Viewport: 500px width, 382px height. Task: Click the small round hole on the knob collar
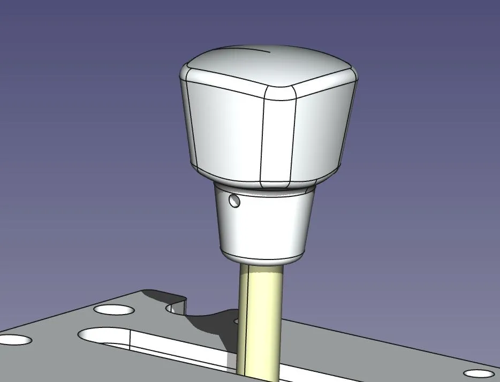(x=233, y=201)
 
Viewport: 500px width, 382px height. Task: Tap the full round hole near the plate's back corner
(x=114, y=309)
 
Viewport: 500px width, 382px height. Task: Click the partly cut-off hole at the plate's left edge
(x=14, y=339)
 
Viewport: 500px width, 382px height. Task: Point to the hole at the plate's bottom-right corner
(x=479, y=373)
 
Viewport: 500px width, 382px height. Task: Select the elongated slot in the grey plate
(x=177, y=348)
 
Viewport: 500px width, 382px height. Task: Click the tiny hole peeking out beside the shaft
(x=236, y=322)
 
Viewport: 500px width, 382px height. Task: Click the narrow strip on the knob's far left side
(x=188, y=118)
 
